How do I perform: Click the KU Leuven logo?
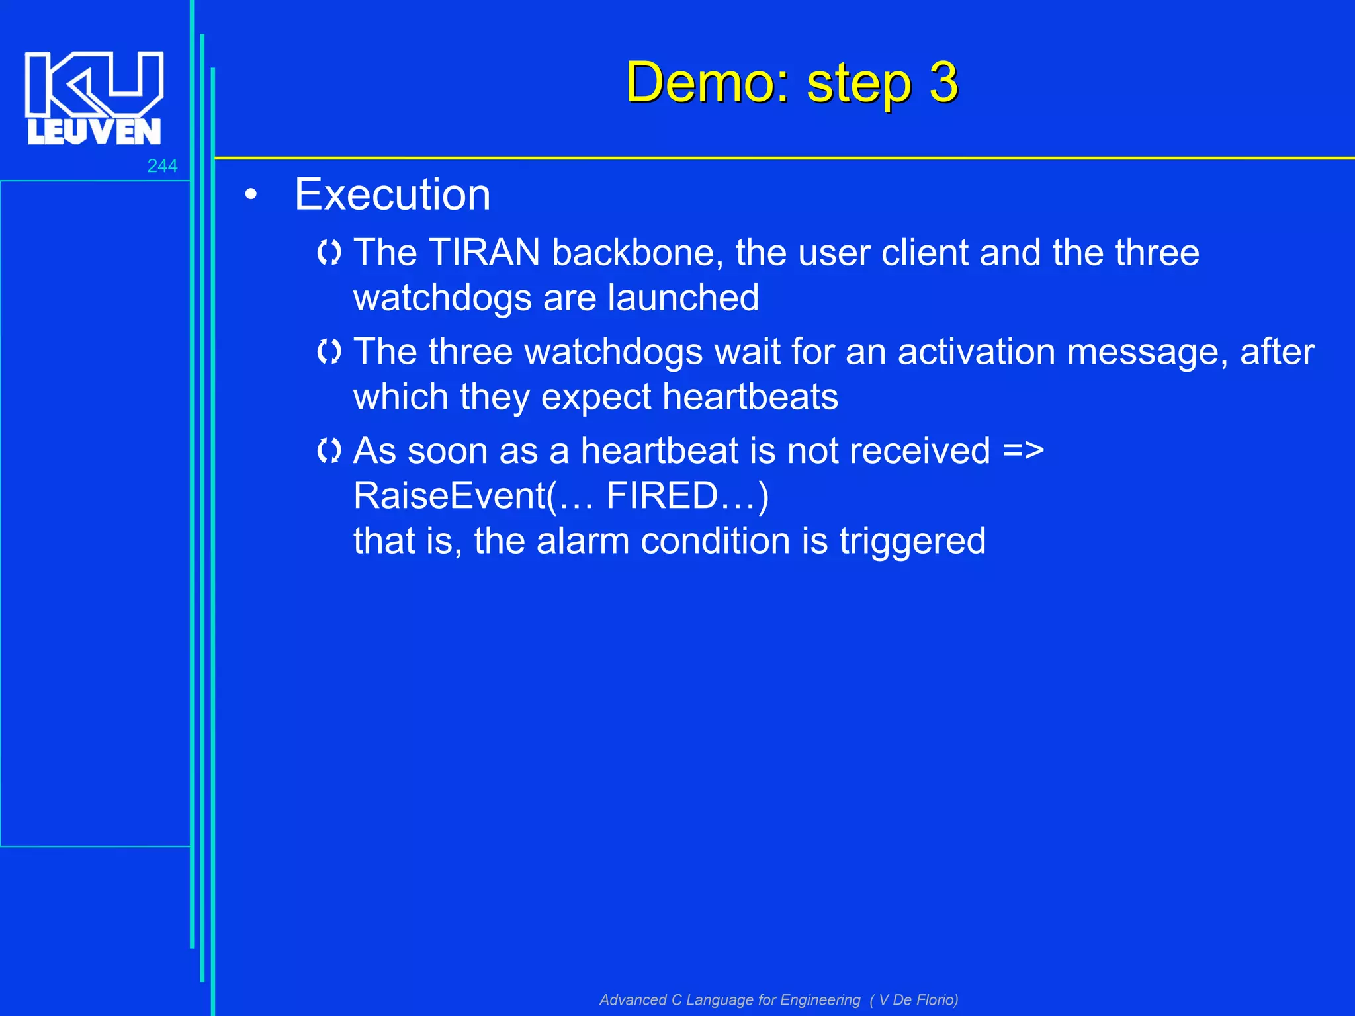click(x=94, y=98)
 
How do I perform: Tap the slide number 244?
click(x=162, y=166)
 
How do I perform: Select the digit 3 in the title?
click(x=943, y=83)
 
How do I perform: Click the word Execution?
click(x=392, y=195)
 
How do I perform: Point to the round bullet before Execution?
click(x=251, y=195)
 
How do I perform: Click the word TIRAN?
click(x=484, y=253)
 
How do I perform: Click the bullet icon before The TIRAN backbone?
click(x=329, y=253)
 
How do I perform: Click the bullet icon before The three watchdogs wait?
click(x=329, y=352)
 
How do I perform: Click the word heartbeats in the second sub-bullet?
click(x=750, y=397)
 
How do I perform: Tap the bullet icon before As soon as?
click(x=329, y=451)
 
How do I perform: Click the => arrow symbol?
click(x=1023, y=451)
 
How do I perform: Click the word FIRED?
click(x=662, y=496)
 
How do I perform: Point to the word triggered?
click(x=912, y=541)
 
